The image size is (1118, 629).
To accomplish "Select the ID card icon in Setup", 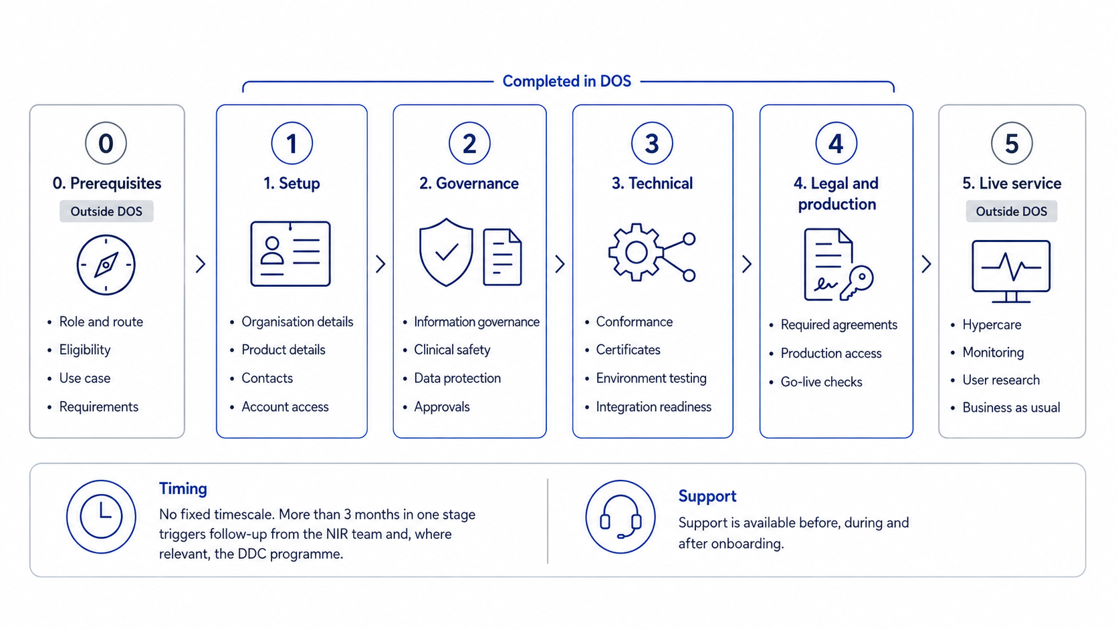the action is pos(290,254).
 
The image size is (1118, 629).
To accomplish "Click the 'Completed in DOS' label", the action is pos(566,81).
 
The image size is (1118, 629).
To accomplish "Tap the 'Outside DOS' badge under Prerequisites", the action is pos(106,211).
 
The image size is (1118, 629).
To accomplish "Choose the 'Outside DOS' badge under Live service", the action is pos(1011,211).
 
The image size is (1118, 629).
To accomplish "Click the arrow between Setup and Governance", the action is pos(380,264).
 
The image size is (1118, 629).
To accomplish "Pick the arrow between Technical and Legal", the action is pos(747,264).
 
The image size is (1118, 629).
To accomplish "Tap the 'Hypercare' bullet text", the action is pos(992,325).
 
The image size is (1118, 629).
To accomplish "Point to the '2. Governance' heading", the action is pos(469,183).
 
